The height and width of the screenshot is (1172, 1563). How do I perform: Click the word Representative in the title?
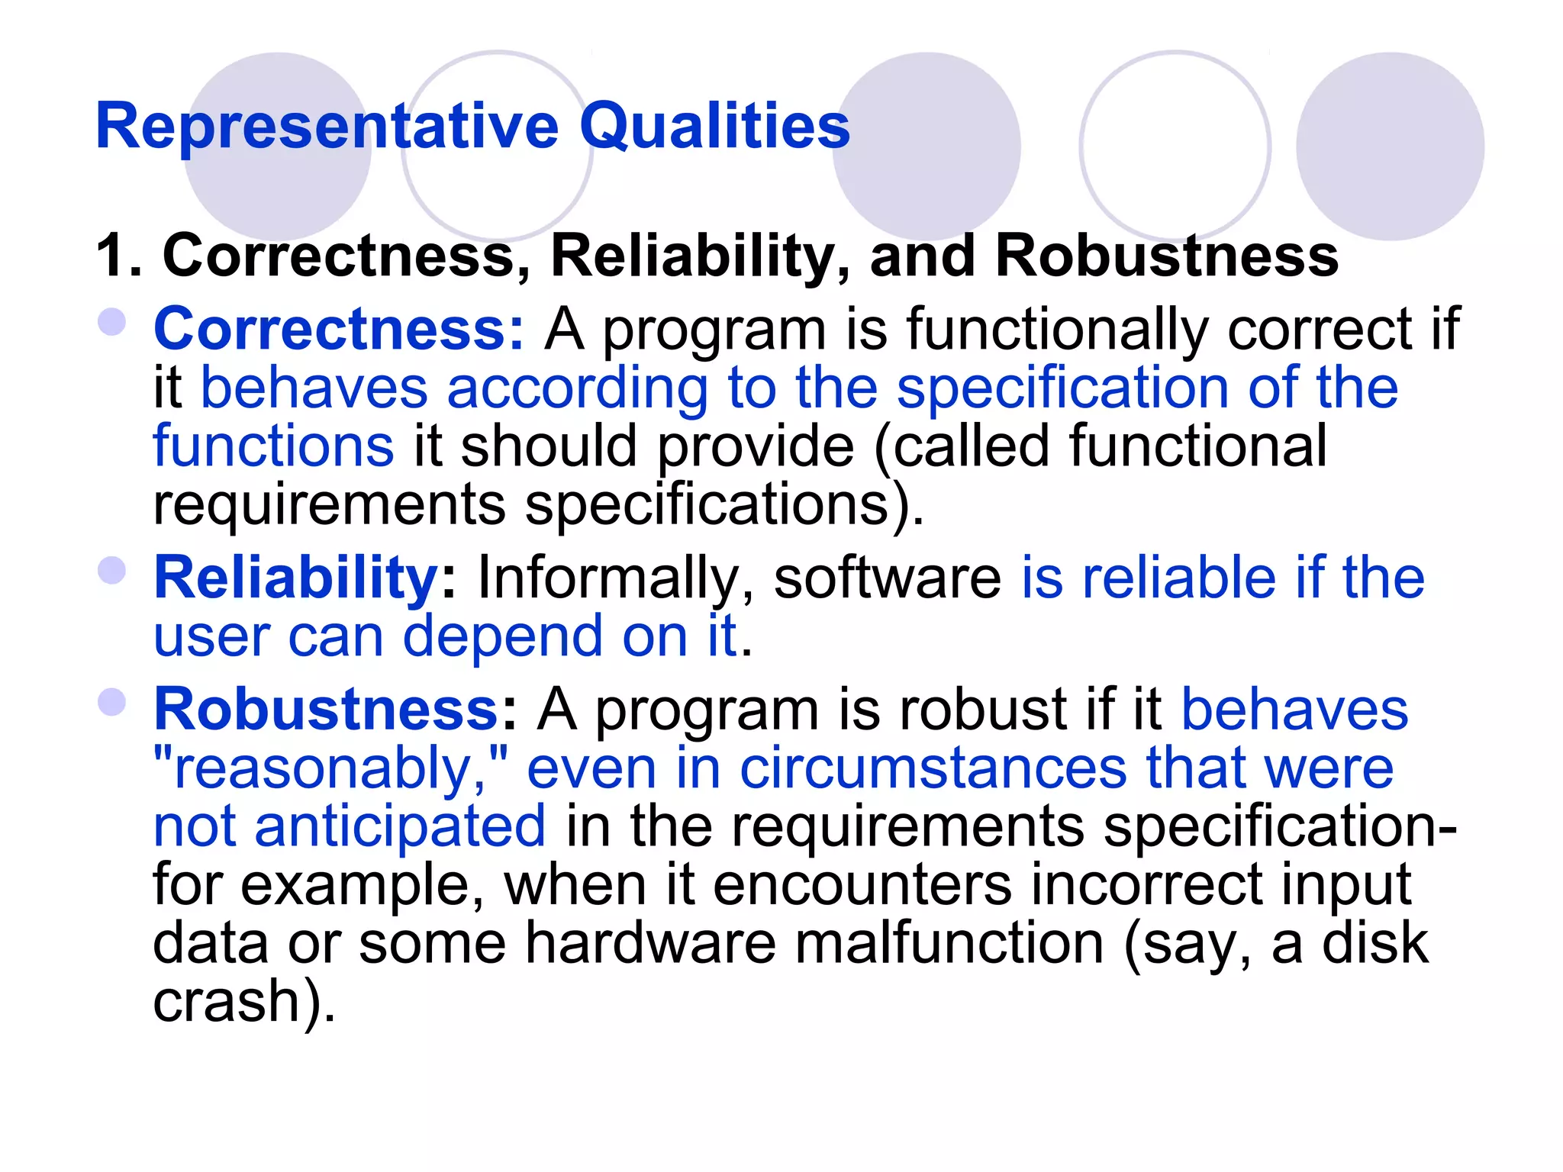(327, 126)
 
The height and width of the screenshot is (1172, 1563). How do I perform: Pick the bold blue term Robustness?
(327, 710)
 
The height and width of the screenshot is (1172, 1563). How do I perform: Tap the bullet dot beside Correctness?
(112, 322)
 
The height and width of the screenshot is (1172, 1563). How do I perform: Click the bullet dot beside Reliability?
(112, 571)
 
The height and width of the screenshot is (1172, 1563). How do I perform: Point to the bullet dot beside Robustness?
(112, 703)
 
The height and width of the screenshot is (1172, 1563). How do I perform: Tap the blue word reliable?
(1179, 578)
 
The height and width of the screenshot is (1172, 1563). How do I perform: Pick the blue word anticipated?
(400, 826)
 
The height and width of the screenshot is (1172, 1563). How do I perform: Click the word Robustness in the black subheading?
(1167, 256)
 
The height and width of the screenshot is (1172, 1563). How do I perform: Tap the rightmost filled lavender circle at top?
(1390, 146)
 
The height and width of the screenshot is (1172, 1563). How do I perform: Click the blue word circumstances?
(933, 768)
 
